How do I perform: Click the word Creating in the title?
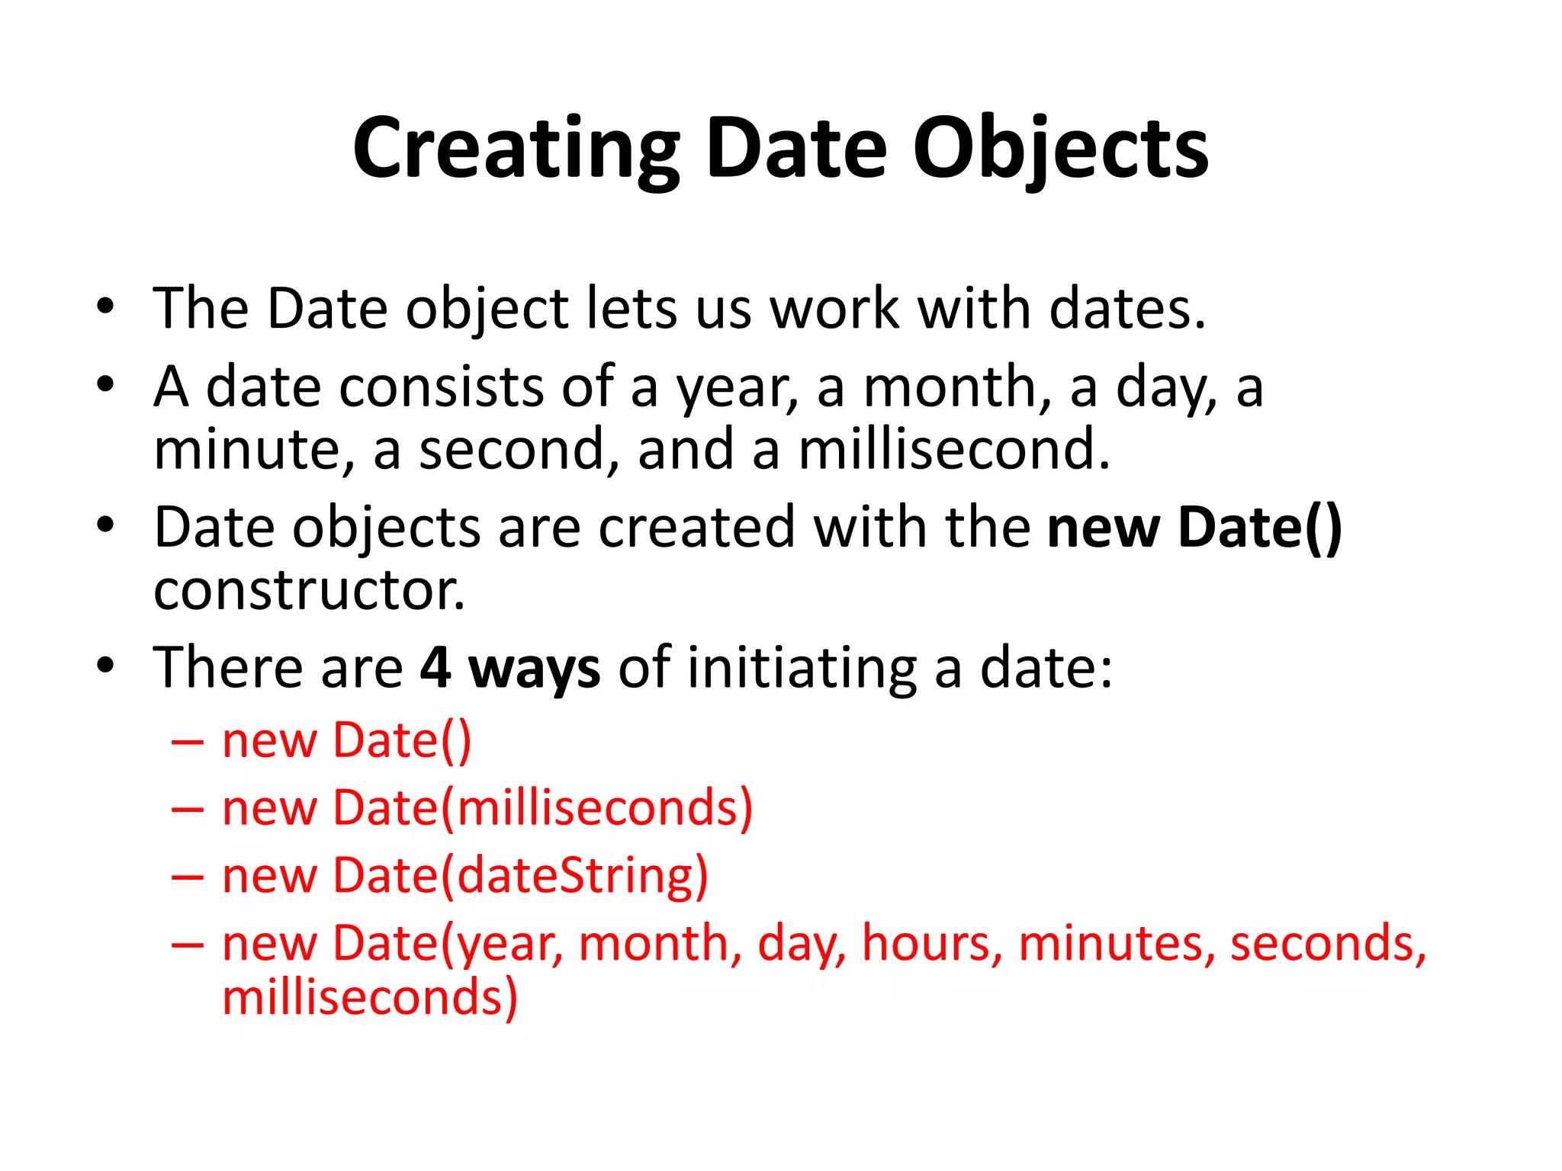click(x=516, y=149)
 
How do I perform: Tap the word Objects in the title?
click(x=1060, y=149)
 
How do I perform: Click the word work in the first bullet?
click(x=834, y=309)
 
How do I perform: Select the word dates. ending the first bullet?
click(x=1127, y=309)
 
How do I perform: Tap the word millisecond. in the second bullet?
click(x=953, y=450)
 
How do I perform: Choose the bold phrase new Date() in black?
click(x=1194, y=528)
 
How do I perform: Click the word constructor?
click(x=309, y=591)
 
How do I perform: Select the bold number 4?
click(x=435, y=668)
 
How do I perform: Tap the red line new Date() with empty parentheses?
click(x=347, y=741)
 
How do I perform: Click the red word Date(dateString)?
click(x=520, y=876)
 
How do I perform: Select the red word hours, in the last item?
click(x=931, y=944)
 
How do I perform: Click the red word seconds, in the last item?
click(x=1328, y=944)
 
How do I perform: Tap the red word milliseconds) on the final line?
click(x=370, y=999)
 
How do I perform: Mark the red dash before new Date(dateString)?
click(x=188, y=877)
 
